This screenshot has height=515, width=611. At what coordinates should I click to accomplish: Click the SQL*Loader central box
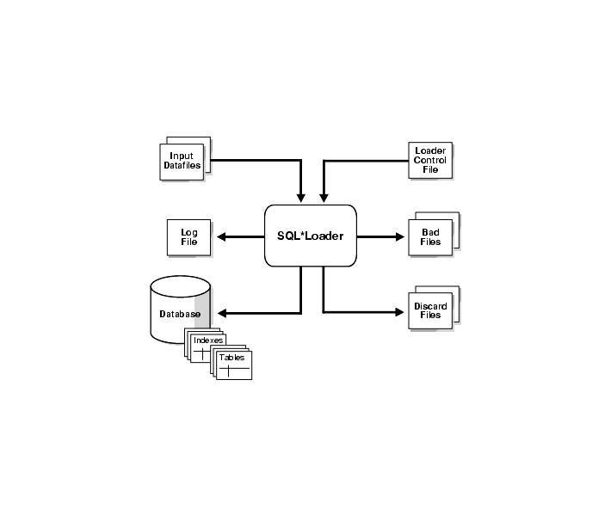coord(310,236)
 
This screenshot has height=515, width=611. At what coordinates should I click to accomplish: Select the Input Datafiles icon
coord(182,162)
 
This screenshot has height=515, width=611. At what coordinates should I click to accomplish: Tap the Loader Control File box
coord(430,161)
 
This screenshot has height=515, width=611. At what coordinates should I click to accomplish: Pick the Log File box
coord(188,237)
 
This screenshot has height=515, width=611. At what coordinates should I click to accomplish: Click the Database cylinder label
coord(180,315)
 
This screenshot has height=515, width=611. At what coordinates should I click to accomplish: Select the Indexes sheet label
coord(208,341)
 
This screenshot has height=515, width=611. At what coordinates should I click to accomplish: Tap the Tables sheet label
coord(231,357)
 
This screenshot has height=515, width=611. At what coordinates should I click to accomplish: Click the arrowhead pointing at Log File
coord(222,236)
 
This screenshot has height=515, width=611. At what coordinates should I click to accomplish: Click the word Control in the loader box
coord(430,161)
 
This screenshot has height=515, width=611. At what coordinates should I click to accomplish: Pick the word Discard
coord(430,306)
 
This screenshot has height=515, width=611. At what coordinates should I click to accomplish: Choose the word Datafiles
coord(182,166)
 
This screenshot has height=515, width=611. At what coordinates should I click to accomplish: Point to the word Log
coord(188,232)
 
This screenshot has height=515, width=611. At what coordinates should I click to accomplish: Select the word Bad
coord(431,232)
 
